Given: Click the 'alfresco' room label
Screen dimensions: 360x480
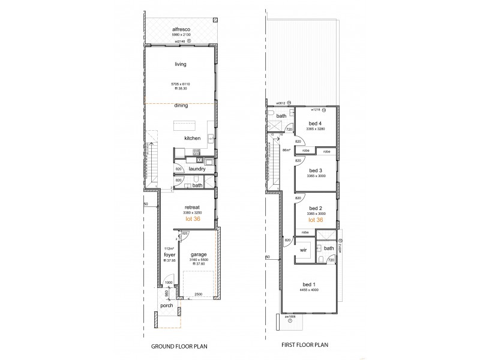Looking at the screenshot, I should point(181,29).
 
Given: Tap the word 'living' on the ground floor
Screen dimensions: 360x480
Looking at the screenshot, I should point(181,64).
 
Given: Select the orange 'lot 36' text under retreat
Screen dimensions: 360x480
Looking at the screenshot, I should point(193,219).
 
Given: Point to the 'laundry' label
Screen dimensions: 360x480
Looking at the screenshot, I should point(197,169).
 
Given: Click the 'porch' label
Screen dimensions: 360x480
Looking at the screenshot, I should point(167,305).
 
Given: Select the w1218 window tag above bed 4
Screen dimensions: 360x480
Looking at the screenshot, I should point(316,110).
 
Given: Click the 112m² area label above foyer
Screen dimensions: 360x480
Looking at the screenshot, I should point(168,248).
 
